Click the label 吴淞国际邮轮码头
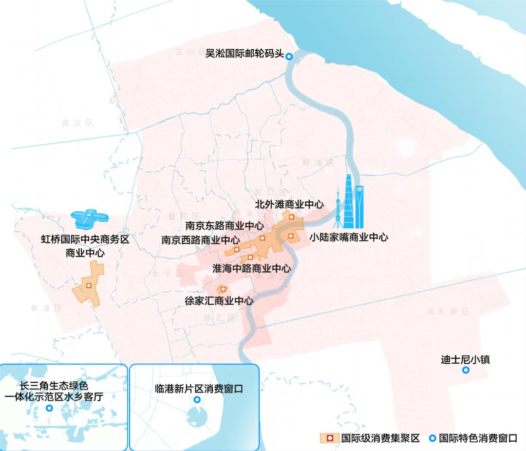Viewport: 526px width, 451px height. point(244,53)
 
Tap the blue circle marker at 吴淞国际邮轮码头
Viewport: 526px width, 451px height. point(289,57)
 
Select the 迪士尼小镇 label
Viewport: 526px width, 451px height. point(465,360)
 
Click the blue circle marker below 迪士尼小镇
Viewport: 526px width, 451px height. point(466,371)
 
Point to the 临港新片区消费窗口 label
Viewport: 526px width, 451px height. point(197,389)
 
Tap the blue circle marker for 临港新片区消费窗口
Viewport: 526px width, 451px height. point(197,400)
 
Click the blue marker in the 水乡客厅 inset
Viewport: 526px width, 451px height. point(49,408)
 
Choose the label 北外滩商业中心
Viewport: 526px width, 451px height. point(289,203)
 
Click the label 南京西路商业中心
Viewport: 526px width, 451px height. point(200,240)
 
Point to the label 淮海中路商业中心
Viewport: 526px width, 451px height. point(252,268)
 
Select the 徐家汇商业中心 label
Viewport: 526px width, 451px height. point(219,300)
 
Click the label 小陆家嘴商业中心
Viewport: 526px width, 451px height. point(349,237)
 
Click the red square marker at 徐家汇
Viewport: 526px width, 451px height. point(223,289)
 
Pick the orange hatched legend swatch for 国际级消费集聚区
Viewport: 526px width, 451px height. point(329,438)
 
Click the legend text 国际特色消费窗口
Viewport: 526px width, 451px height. point(477,438)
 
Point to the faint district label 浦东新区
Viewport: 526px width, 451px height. point(447,311)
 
